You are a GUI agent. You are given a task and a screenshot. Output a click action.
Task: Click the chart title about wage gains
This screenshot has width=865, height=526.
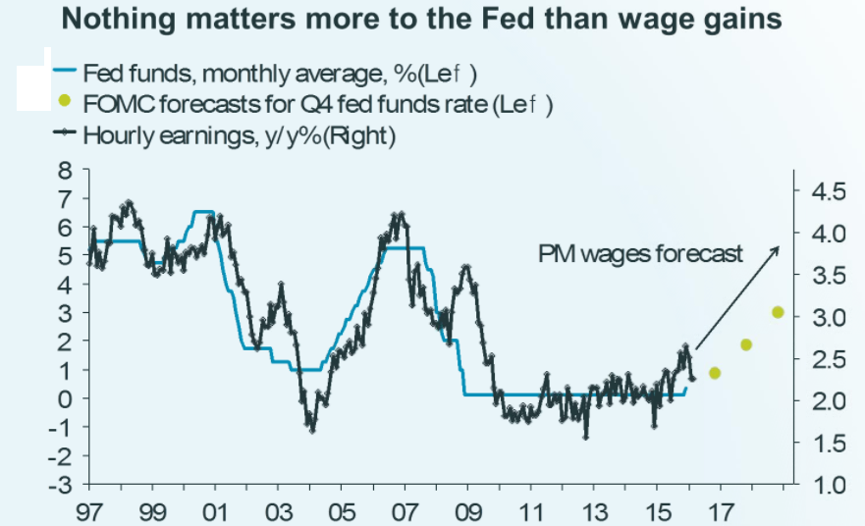click(432, 21)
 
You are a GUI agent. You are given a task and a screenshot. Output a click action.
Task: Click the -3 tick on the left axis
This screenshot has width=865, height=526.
click(61, 485)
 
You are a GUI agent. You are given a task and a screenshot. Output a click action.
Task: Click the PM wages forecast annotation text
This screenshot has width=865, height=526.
click(641, 254)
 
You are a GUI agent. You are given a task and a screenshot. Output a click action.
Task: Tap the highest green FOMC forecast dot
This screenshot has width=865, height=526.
click(778, 312)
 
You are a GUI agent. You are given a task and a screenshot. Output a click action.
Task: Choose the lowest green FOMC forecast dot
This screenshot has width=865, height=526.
click(715, 373)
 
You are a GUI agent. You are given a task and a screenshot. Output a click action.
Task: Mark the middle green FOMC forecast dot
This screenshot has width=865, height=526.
click(746, 344)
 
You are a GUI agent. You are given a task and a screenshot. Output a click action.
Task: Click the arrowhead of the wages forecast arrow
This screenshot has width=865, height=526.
click(778, 249)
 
